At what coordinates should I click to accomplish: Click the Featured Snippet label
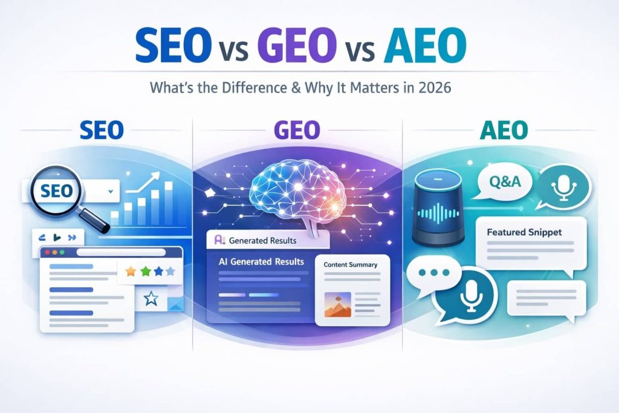[523, 232]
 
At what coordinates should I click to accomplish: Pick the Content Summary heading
[350, 264]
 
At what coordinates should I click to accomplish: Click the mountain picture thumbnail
[337, 305]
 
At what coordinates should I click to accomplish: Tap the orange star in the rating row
[131, 272]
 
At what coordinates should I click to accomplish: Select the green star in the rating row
[145, 272]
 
